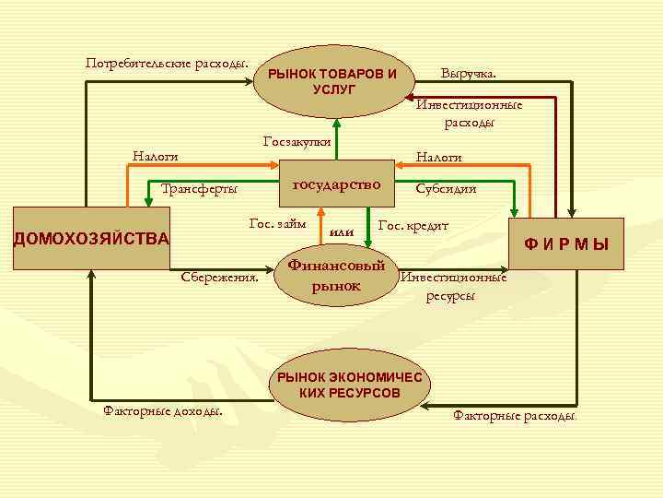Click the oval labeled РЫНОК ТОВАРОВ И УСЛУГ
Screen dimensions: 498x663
tap(335, 81)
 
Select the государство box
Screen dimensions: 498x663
tap(336, 185)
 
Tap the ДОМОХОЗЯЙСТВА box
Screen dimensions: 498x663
tap(90, 238)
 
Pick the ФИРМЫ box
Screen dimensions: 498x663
tap(566, 244)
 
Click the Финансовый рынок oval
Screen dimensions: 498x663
tap(335, 276)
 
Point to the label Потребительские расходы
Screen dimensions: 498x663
tap(167, 64)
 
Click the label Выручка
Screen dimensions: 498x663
tap(468, 71)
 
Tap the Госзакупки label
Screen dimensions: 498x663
tap(297, 141)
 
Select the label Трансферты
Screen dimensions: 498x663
tap(199, 189)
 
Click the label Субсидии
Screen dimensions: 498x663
tap(446, 189)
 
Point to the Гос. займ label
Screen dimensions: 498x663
tap(278, 224)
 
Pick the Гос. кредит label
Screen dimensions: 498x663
tap(413, 226)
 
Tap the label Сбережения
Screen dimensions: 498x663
tap(219, 276)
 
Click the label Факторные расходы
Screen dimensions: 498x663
tap(515, 416)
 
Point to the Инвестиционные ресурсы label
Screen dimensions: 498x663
tap(452, 286)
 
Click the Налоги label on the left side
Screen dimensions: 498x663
tap(155, 157)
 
